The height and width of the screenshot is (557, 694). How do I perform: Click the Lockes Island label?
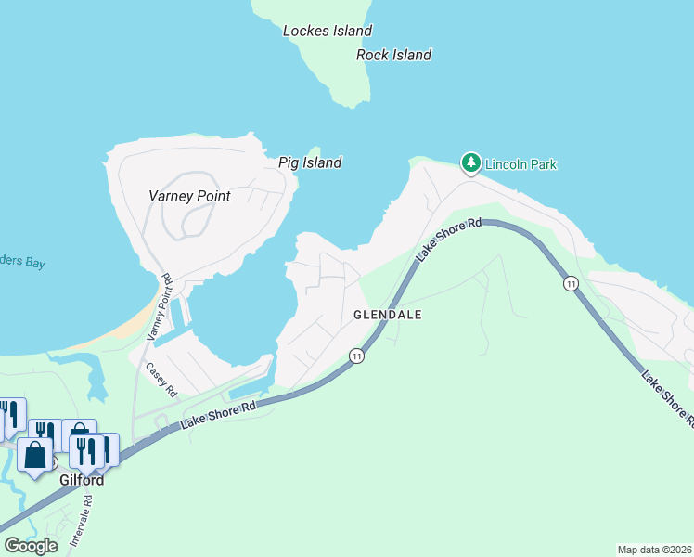point(328,31)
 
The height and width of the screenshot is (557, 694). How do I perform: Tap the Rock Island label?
point(393,55)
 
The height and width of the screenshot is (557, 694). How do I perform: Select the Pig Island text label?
point(310,162)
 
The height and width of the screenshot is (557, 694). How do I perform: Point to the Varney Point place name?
point(189,196)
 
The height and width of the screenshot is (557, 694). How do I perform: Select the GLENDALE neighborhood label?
point(388,315)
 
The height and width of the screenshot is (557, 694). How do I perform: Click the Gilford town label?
point(82,481)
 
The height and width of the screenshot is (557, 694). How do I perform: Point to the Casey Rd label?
point(160,379)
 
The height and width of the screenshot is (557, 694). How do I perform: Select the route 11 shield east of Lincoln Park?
point(572,283)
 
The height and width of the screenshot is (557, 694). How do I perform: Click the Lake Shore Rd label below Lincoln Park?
point(450,239)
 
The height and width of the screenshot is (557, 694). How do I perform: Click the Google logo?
point(31,546)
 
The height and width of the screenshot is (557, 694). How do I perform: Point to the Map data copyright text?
point(654,549)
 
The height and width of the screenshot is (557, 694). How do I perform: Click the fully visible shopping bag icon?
point(35,456)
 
